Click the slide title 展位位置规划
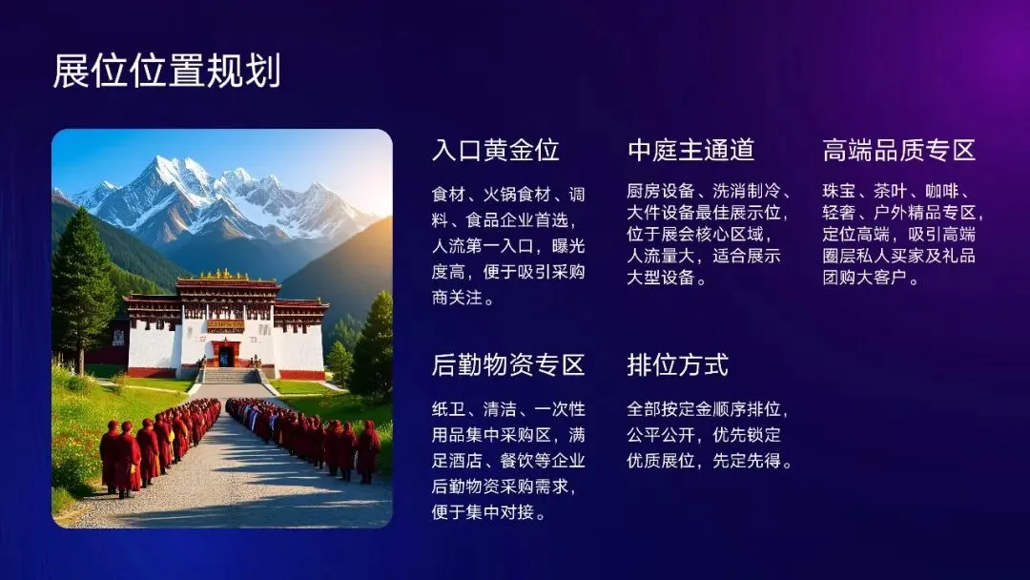click(x=167, y=71)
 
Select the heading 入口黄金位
click(x=496, y=150)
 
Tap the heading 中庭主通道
click(x=691, y=150)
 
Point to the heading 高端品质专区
click(x=899, y=150)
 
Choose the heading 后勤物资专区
click(x=508, y=364)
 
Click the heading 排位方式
click(x=678, y=364)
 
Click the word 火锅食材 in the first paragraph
click(x=517, y=195)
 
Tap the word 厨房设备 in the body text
click(x=661, y=191)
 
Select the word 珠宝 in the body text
click(x=839, y=191)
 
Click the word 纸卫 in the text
click(x=448, y=409)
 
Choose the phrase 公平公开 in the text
click(x=661, y=435)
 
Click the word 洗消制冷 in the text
click(x=746, y=191)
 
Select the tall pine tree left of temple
click(x=82, y=289)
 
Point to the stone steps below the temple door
click(x=230, y=376)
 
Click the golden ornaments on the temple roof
click(x=224, y=273)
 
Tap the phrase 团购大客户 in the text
click(x=865, y=277)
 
